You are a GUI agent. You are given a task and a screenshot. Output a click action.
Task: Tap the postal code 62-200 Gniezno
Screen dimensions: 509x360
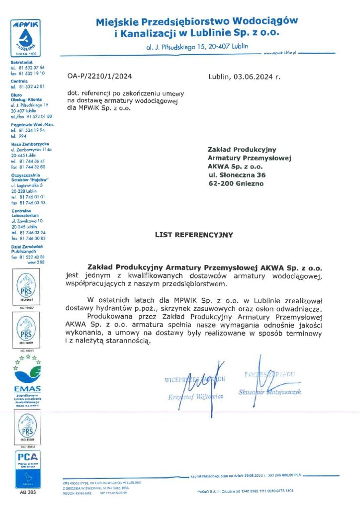236,183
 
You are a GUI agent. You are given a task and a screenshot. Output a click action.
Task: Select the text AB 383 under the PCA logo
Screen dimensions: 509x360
27,493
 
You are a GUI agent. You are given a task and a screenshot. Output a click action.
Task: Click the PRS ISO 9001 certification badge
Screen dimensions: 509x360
26,289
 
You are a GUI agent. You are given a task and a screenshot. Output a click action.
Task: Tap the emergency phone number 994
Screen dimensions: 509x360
22,136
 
